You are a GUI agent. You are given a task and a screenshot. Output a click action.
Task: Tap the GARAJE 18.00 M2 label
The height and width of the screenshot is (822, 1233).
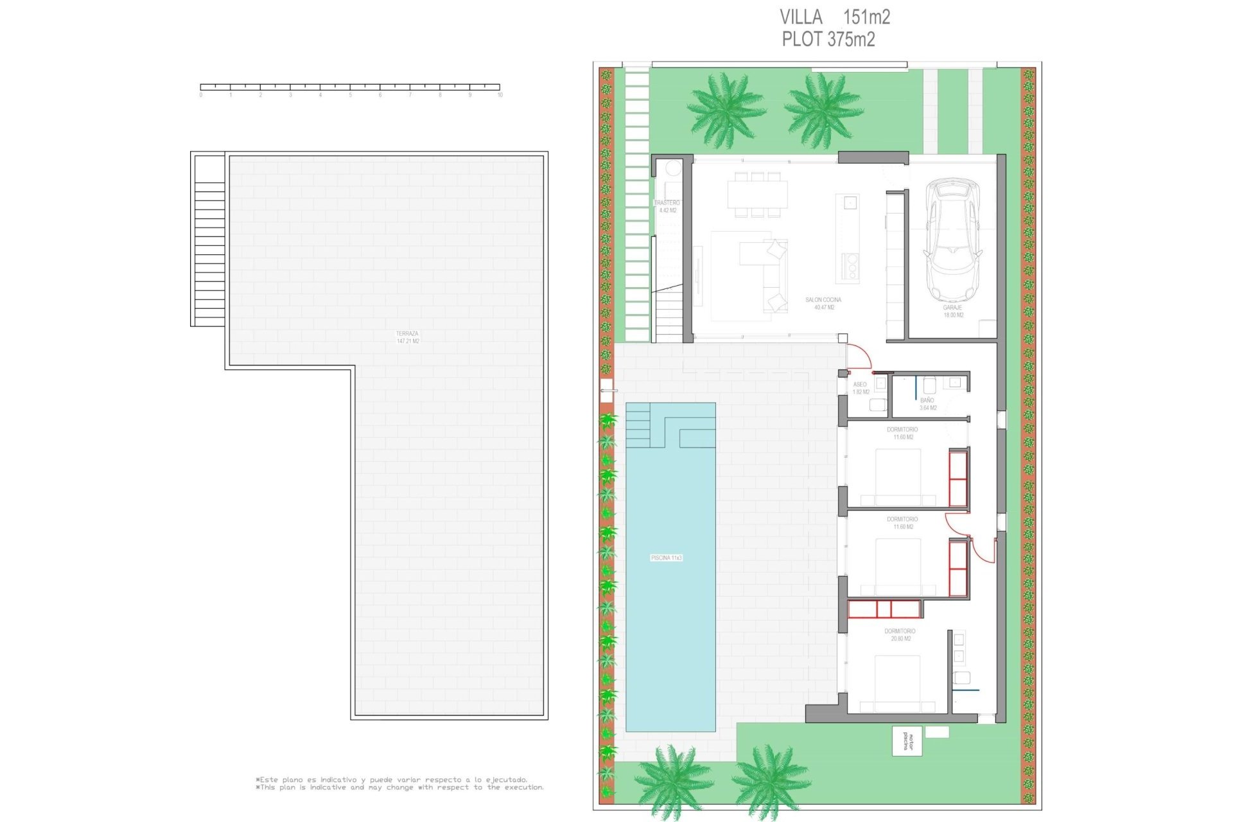click(x=953, y=311)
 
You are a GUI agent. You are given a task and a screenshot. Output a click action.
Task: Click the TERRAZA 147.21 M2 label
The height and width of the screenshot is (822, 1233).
click(x=407, y=337)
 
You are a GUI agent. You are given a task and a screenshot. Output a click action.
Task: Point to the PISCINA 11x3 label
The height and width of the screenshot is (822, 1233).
click(x=666, y=558)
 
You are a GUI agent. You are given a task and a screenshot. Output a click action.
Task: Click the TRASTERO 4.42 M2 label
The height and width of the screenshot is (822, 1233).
click(x=667, y=206)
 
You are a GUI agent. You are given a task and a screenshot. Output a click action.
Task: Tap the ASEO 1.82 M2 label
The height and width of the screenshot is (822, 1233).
click(x=861, y=388)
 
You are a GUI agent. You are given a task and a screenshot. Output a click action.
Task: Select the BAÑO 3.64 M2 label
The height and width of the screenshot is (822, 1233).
click(x=927, y=404)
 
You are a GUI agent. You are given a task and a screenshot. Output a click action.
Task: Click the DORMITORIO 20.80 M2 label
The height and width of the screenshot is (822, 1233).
click(x=900, y=634)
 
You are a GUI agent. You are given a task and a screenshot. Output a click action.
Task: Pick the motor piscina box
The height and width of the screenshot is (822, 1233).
click(x=907, y=741)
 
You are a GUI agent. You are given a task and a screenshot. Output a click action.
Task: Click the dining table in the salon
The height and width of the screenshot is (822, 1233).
click(x=757, y=194)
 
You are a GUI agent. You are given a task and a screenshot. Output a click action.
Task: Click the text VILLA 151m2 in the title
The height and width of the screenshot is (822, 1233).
click(x=834, y=17)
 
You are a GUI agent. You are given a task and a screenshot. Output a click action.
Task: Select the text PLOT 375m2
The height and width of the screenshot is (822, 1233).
click(x=828, y=39)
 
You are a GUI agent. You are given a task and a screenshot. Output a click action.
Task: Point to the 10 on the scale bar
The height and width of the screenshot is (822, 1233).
click(x=500, y=95)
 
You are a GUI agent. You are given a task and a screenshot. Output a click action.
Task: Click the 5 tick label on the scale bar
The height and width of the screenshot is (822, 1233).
click(x=350, y=95)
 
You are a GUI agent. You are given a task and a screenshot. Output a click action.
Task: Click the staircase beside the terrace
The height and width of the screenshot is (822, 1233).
click(x=209, y=254)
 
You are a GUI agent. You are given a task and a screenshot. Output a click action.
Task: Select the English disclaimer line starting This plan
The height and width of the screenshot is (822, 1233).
click(x=399, y=787)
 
